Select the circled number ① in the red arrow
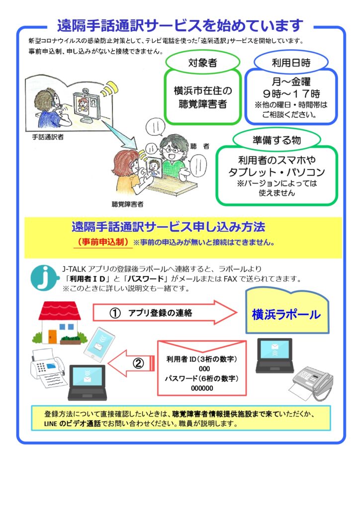115,313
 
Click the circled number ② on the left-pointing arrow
138,363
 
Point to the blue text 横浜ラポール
286,314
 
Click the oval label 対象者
202,62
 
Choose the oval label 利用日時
291,62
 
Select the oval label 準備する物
276,140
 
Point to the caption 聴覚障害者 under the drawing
127,204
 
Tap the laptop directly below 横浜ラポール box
274,355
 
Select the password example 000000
202,388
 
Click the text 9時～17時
291,94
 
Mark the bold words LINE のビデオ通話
72,424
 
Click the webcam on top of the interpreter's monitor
85,90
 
